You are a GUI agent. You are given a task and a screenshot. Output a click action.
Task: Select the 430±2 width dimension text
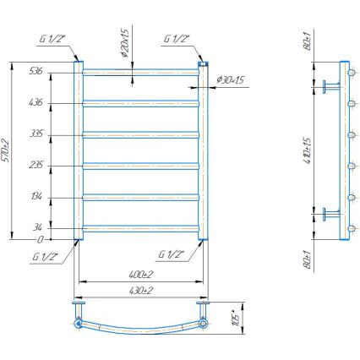pos(140,290)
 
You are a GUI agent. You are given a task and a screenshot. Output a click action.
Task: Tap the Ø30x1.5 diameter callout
pos(230,79)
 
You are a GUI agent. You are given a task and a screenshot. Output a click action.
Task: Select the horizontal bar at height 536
pos(140,73)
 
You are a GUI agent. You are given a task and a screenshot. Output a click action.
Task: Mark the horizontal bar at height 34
pos(140,226)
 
